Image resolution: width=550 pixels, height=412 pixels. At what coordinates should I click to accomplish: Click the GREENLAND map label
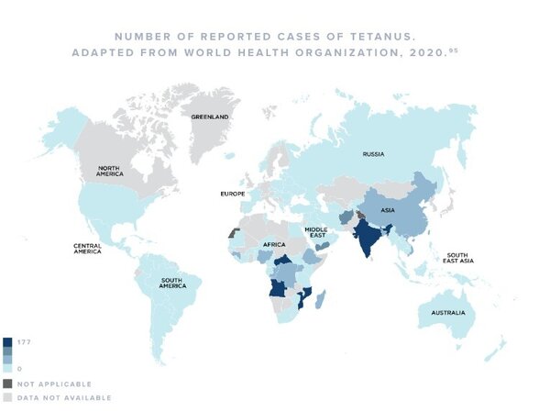[x=209, y=117]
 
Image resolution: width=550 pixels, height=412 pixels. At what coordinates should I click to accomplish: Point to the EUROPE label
[x=232, y=195]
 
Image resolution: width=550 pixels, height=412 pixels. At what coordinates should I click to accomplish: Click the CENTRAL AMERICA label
[x=93, y=249]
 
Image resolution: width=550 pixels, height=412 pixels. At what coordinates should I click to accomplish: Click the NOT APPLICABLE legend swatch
[x=7, y=384]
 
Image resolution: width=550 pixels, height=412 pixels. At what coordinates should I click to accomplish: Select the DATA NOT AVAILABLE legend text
[x=64, y=397]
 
